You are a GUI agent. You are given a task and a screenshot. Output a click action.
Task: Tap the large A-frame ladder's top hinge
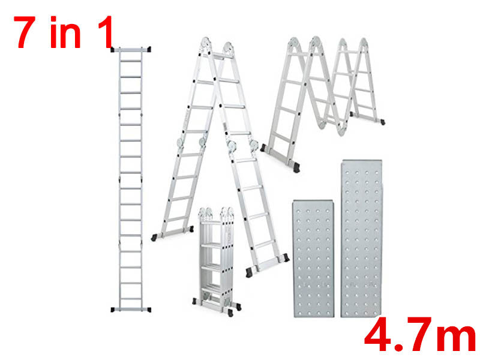(217, 47)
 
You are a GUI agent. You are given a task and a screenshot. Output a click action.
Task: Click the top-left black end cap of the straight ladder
(115, 49)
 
